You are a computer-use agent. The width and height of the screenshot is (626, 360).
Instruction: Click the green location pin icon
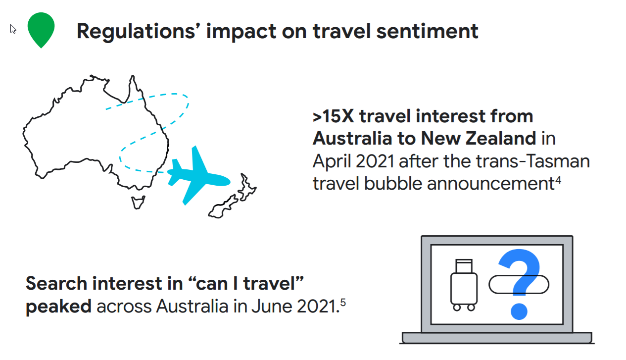[x=41, y=29]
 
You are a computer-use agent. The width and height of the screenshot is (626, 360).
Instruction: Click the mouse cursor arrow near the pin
[x=13, y=29]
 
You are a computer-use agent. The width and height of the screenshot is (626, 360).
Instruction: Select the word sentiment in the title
[x=427, y=31]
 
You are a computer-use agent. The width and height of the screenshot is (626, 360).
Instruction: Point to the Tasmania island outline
[x=138, y=202]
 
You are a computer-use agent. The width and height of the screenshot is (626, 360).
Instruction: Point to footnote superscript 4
[x=558, y=180]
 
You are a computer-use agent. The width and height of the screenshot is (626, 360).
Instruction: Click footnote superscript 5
[x=343, y=303]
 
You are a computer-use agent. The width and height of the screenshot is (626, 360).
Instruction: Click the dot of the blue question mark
[x=519, y=311]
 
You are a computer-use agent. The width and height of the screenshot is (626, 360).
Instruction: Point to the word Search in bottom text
[x=56, y=284]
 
